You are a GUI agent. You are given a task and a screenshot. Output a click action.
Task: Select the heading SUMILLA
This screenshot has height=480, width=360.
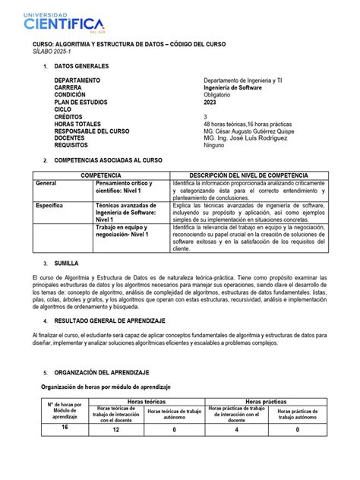pos(68,261)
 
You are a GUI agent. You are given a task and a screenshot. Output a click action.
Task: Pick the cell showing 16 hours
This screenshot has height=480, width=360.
pos(66,427)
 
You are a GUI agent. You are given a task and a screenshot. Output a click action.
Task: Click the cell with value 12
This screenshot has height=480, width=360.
pos(116,429)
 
